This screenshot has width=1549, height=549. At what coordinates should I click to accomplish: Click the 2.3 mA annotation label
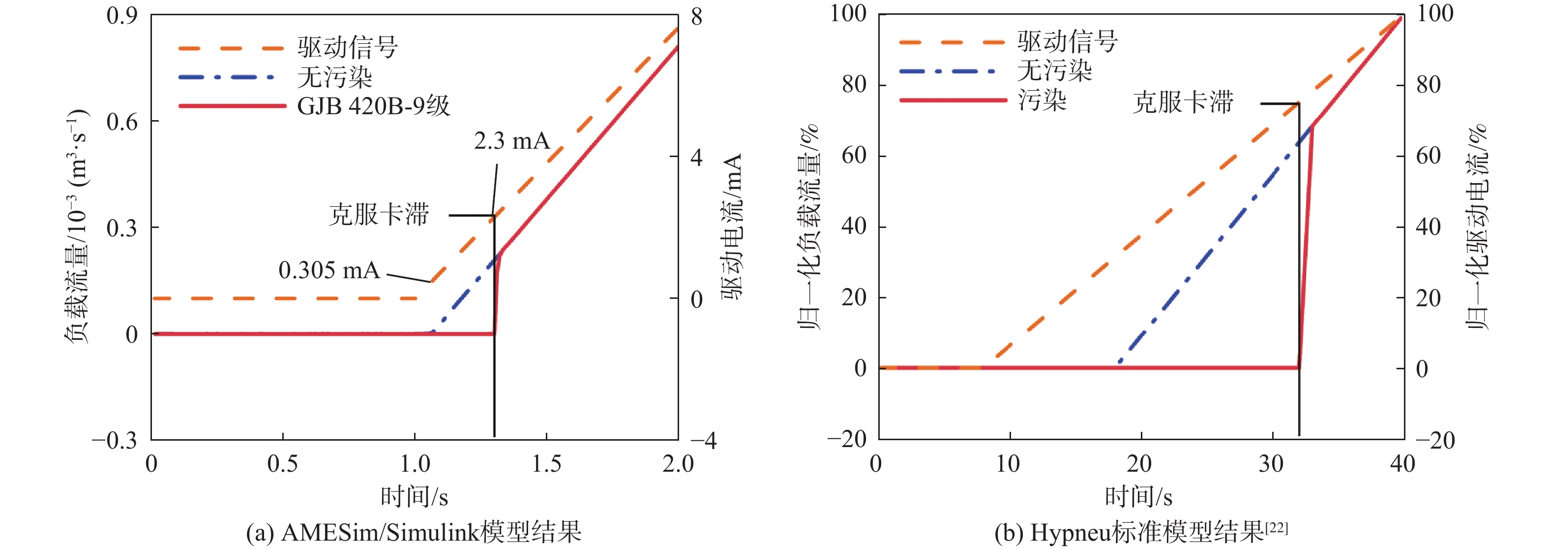pos(512,141)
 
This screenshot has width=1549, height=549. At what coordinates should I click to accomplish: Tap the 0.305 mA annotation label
pos(329,270)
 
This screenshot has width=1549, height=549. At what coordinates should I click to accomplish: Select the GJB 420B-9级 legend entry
pos(373,106)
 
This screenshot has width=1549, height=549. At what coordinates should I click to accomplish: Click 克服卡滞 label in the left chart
pos(379,214)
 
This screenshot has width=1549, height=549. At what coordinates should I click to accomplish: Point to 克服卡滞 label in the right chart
pos(1183,102)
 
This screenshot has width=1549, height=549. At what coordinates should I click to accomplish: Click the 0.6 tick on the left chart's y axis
pos(122,122)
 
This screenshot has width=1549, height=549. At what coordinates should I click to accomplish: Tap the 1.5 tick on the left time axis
pos(547,463)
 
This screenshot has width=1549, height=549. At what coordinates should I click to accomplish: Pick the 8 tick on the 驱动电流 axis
pos(696,17)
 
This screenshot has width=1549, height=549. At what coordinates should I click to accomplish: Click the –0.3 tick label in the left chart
pos(114,440)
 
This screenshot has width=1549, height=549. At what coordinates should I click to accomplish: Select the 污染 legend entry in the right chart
pos(1042,99)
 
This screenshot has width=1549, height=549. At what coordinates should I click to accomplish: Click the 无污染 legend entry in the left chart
pos(335,77)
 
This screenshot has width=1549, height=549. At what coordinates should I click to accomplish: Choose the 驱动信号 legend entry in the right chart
pos(1068,41)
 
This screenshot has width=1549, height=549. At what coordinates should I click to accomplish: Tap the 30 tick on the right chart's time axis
pos(1271,463)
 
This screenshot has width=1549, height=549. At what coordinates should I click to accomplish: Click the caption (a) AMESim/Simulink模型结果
pos(414,532)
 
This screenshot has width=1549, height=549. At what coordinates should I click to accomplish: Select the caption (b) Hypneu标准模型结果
pos(1129,532)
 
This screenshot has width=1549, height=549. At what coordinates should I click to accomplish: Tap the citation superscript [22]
pos(1276,527)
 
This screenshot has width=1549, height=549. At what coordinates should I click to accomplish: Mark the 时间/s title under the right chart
pos(1138,497)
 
